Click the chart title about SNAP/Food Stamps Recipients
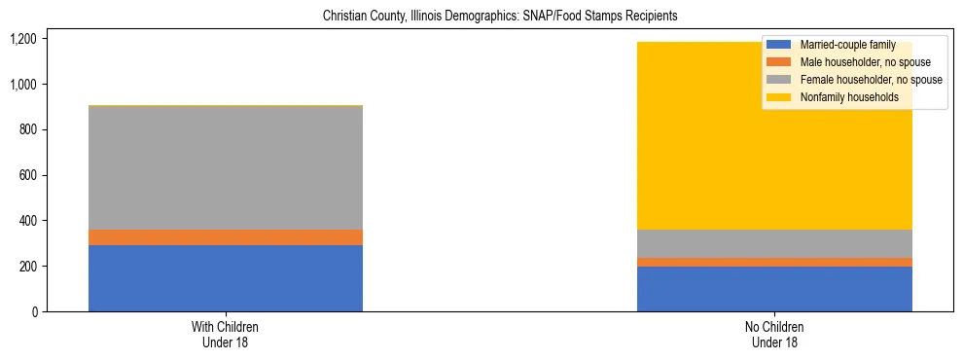pyautogui.click(x=481, y=17)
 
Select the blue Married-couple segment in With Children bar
pyautogui.click(x=226, y=278)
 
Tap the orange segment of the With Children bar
pyautogui.click(x=226, y=237)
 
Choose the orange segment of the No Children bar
pyautogui.click(x=774, y=262)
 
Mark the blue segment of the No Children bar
pyautogui.click(x=774, y=289)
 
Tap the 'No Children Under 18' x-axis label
pyautogui.click(x=774, y=335)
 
